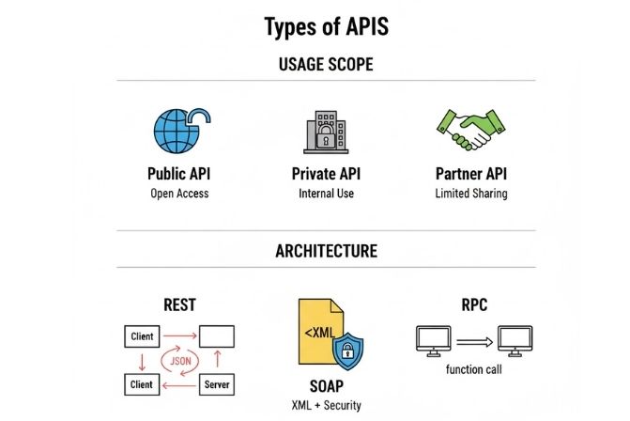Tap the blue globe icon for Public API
177,132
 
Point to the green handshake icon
469,131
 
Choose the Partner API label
471,174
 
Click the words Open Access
178,194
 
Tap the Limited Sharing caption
471,194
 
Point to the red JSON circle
178,360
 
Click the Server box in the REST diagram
218,384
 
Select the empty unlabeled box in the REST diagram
218,335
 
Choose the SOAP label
326,386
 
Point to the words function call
474,369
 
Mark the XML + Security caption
326,405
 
